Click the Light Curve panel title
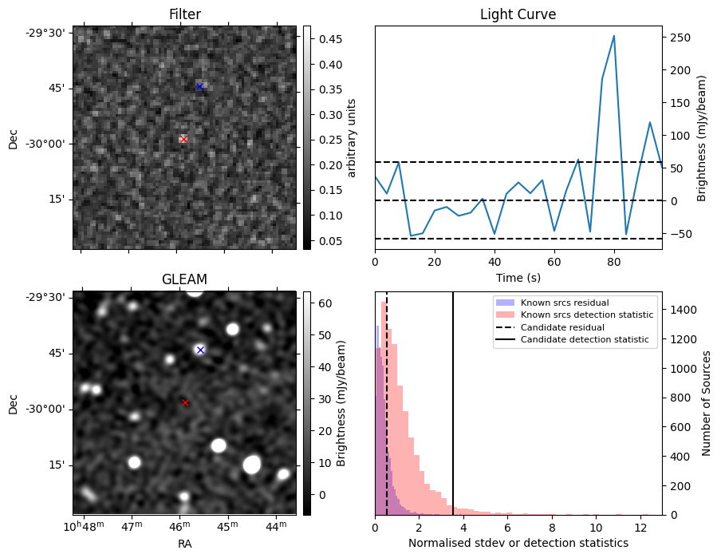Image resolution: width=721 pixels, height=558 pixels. click(x=518, y=14)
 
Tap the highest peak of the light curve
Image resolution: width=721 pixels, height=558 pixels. click(x=613, y=36)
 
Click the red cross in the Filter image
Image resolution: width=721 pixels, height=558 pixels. click(x=183, y=139)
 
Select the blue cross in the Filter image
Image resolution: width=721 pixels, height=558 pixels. click(x=199, y=86)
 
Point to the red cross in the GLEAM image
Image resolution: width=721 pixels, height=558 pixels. click(x=185, y=403)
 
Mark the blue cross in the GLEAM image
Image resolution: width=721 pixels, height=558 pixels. click(x=200, y=350)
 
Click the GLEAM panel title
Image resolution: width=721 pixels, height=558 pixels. click(x=184, y=279)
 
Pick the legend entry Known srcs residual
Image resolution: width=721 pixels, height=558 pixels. click(x=565, y=303)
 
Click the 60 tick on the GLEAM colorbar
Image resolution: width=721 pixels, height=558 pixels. click(x=325, y=303)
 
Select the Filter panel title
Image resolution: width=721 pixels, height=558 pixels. click(x=184, y=14)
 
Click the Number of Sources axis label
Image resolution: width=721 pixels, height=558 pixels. click(x=707, y=403)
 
